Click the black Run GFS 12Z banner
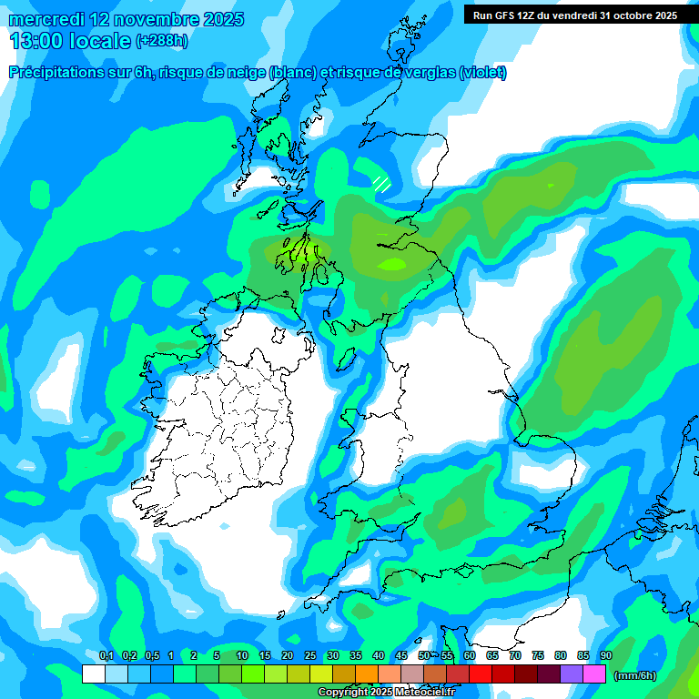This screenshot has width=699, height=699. pyautogui.click(x=575, y=15)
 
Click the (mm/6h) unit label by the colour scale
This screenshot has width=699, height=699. pyautogui.click(x=634, y=675)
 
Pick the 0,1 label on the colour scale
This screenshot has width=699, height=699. pyautogui.click(x=106, y=656)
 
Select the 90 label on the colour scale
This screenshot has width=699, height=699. pyautogui.click(x=606, y=656)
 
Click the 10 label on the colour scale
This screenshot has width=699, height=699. pyautogui.click(x=242, y=656)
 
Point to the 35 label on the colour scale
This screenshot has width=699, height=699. pyautogui.click(x=356, y=656)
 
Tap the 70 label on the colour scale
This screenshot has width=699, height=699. pyautogui.click(x=515, y=656)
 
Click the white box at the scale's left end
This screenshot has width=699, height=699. pyautogui.click(x=93, y=674)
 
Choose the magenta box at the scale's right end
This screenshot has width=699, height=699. pyautogui.click(x=594, y=674)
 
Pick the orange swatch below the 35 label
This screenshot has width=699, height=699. pyautogui.click(x=367, y=674)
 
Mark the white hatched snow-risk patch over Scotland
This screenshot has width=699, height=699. pyautogui.click(x=382, y=182)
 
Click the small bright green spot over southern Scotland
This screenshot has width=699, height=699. pyautogui.click(x=393, y=265)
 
